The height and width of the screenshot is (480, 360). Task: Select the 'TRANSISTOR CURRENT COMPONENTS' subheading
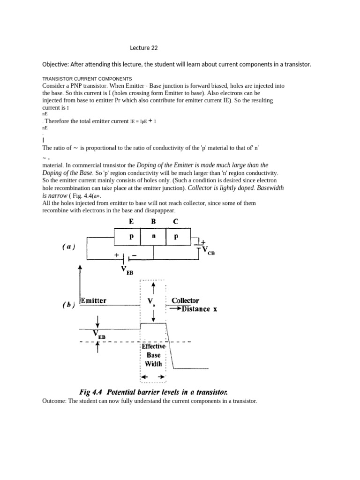(x=87, y=78)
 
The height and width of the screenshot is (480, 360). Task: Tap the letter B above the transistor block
(x=153, y=223)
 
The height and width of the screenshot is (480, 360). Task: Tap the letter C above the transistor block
(x=175, y=223)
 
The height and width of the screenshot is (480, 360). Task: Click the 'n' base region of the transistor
(x=153, y=237)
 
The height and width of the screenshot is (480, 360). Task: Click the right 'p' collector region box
(x=176, y=237)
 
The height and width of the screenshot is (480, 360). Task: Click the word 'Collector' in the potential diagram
(x=185, y=300)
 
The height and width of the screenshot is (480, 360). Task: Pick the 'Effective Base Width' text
(x=153, y=355)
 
